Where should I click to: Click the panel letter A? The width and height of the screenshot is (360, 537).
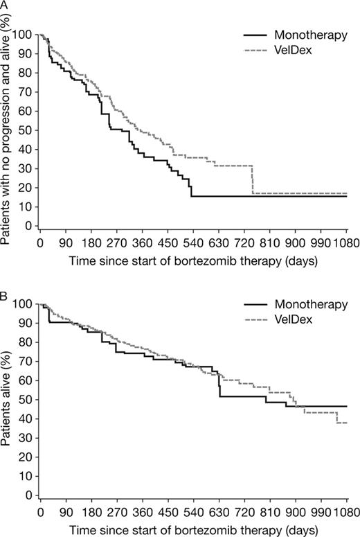tap(5, 6)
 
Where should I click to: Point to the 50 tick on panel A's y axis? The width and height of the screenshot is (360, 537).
tap(26, 130)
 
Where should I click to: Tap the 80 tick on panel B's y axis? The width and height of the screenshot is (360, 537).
tap(26, 342)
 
